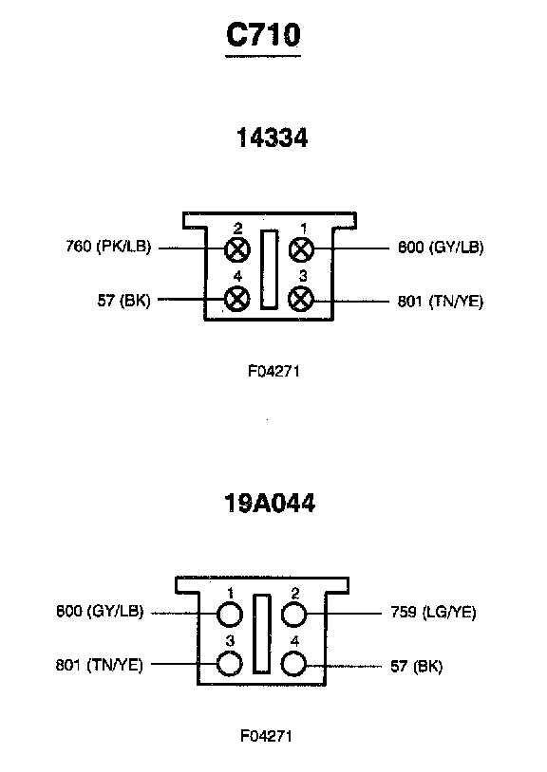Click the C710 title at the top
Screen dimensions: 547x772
(x=263, y=34)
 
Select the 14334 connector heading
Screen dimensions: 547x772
(x=272, y=138)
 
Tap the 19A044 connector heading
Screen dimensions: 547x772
(x=270, y=504)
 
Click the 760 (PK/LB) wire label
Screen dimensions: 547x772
(x=108, y=246)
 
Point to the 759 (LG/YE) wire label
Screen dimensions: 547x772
(x=433, y=612)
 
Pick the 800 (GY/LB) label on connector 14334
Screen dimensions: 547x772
(x=441, y=247)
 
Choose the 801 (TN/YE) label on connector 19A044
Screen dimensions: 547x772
(x=99, y=665)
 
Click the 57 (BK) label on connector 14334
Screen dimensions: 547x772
(x=123, y=300)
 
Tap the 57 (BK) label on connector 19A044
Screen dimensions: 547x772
(x=416, y=666)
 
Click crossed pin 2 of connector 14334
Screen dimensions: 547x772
(x=237, y=250)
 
